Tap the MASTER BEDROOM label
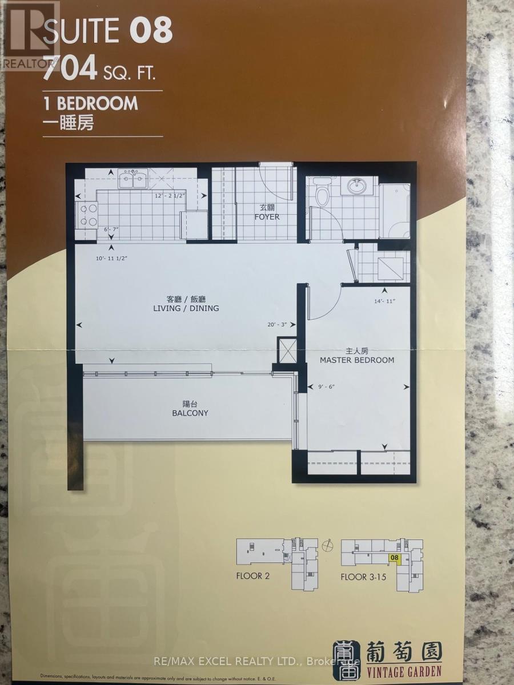pyautogui.click(x=357, y=360)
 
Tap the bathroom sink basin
pyautogui.click(x=358, y=186)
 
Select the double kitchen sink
pyautogui.click(x=133, y=179)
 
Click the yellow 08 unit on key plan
pyautogui.click(x=393, y=557)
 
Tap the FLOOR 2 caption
pyautogui.click(x=252, y=576)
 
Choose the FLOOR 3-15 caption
pyautogui.click(x=363, y=577)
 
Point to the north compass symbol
pyautogui.click(x=326, y=546)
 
